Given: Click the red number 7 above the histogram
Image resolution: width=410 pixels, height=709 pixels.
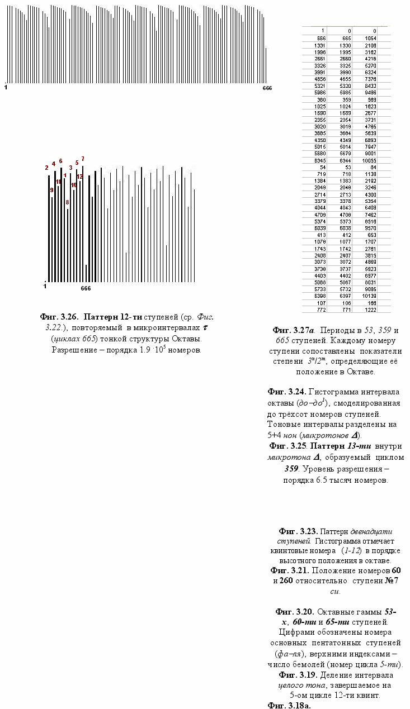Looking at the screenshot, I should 83,159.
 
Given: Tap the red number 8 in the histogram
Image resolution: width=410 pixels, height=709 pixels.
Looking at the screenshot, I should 67,202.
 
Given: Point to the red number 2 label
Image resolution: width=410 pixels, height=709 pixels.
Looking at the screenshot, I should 47,168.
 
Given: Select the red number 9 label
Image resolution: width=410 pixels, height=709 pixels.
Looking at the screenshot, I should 51,190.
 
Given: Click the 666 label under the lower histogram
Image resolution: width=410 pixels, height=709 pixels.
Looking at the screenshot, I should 86,289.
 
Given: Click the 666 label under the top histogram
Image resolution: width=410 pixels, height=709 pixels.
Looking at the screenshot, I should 267,88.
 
